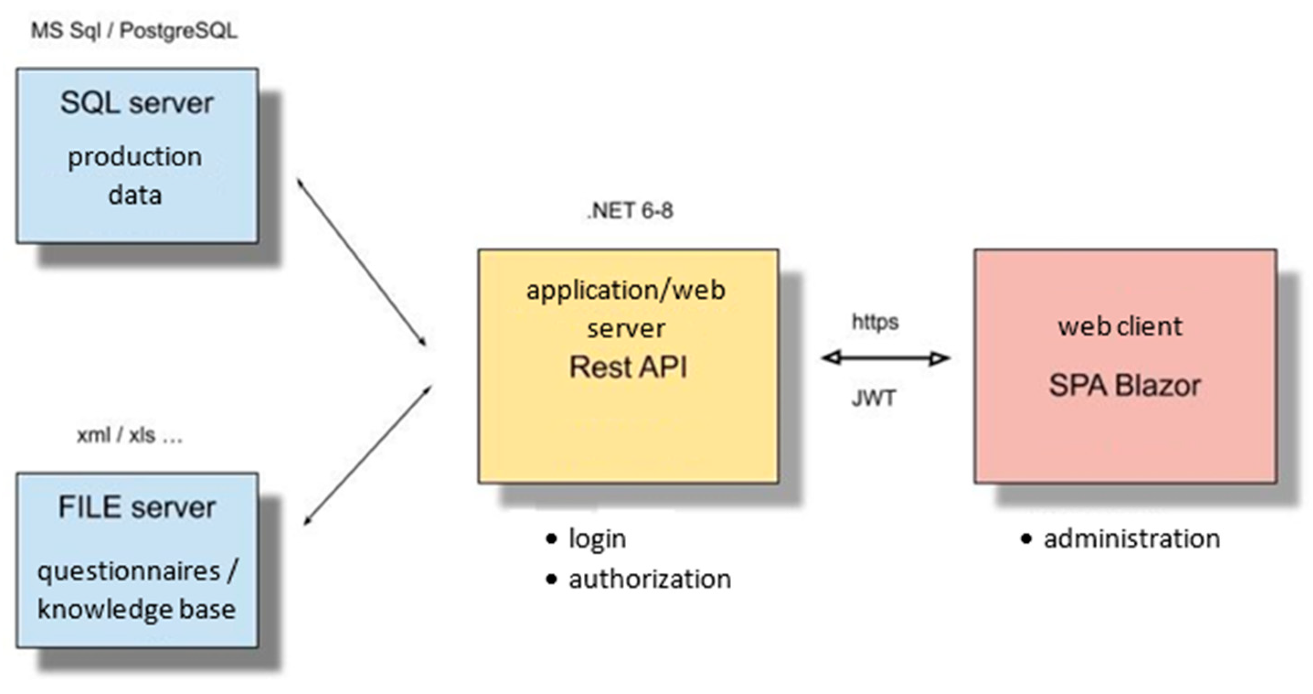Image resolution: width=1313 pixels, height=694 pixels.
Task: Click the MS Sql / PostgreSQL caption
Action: click(x=134, y=31)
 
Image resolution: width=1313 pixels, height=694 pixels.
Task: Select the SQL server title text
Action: click(x=137, y=103)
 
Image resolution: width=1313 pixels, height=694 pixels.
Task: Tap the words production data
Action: click(x=135, y=175)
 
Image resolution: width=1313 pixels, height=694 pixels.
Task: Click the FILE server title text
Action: click(x=137, y=508)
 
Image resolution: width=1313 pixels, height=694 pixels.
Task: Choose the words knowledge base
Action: click(x=137, y=609)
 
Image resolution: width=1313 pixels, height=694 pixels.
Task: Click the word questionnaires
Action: click(x=128, y=572)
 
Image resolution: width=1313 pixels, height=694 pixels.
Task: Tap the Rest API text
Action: click(x=628, y=367)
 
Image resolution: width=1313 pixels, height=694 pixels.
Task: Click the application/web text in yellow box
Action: click(x=626, y=291)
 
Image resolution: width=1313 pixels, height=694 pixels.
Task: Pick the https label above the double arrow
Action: click(x=875, y=322)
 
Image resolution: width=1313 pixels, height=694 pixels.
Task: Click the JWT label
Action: click(x=873, y=398)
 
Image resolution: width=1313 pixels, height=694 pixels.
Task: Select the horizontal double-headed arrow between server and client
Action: click(x=885, y=359)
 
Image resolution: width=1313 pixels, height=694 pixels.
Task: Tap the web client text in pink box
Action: click(x=1120, y=327)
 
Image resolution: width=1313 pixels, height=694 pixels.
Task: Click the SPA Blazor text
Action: click(x=1124, y=385)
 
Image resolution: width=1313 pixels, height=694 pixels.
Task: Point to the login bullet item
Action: click(x=597, y=539)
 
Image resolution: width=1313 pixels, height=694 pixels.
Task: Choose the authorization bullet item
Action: click(x=649, y=579)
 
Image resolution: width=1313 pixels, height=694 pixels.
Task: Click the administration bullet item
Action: click(x=1132, y=539)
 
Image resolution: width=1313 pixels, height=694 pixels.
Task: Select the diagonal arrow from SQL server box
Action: click(x=361, y=262)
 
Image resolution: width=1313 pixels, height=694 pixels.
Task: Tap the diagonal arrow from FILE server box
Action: click(x=368, y=455)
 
